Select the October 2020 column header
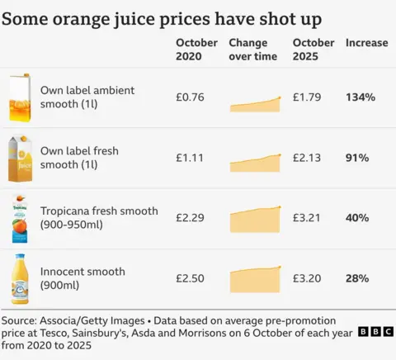click(x=196, y=50)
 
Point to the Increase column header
click(x=366, y=43)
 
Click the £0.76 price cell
click(x=190, y=97)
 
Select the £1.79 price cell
click(x=307, y=97)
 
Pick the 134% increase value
click(x=361, y=97)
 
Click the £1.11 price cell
click(x=190, y=158)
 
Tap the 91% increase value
click(x=357, y=158)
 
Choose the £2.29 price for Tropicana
click(x=190, y=218)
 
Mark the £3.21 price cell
click(x=307, y=218)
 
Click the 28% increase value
click(x=357, y=278)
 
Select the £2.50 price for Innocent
click(x=190, y=278)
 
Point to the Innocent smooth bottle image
click(x=20, y=279)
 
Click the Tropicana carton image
click(x=20, y=219)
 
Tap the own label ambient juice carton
click(x=20, y=97)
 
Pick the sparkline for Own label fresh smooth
click(x=255, y=162)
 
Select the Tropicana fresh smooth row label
click(x=99, y=218)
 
